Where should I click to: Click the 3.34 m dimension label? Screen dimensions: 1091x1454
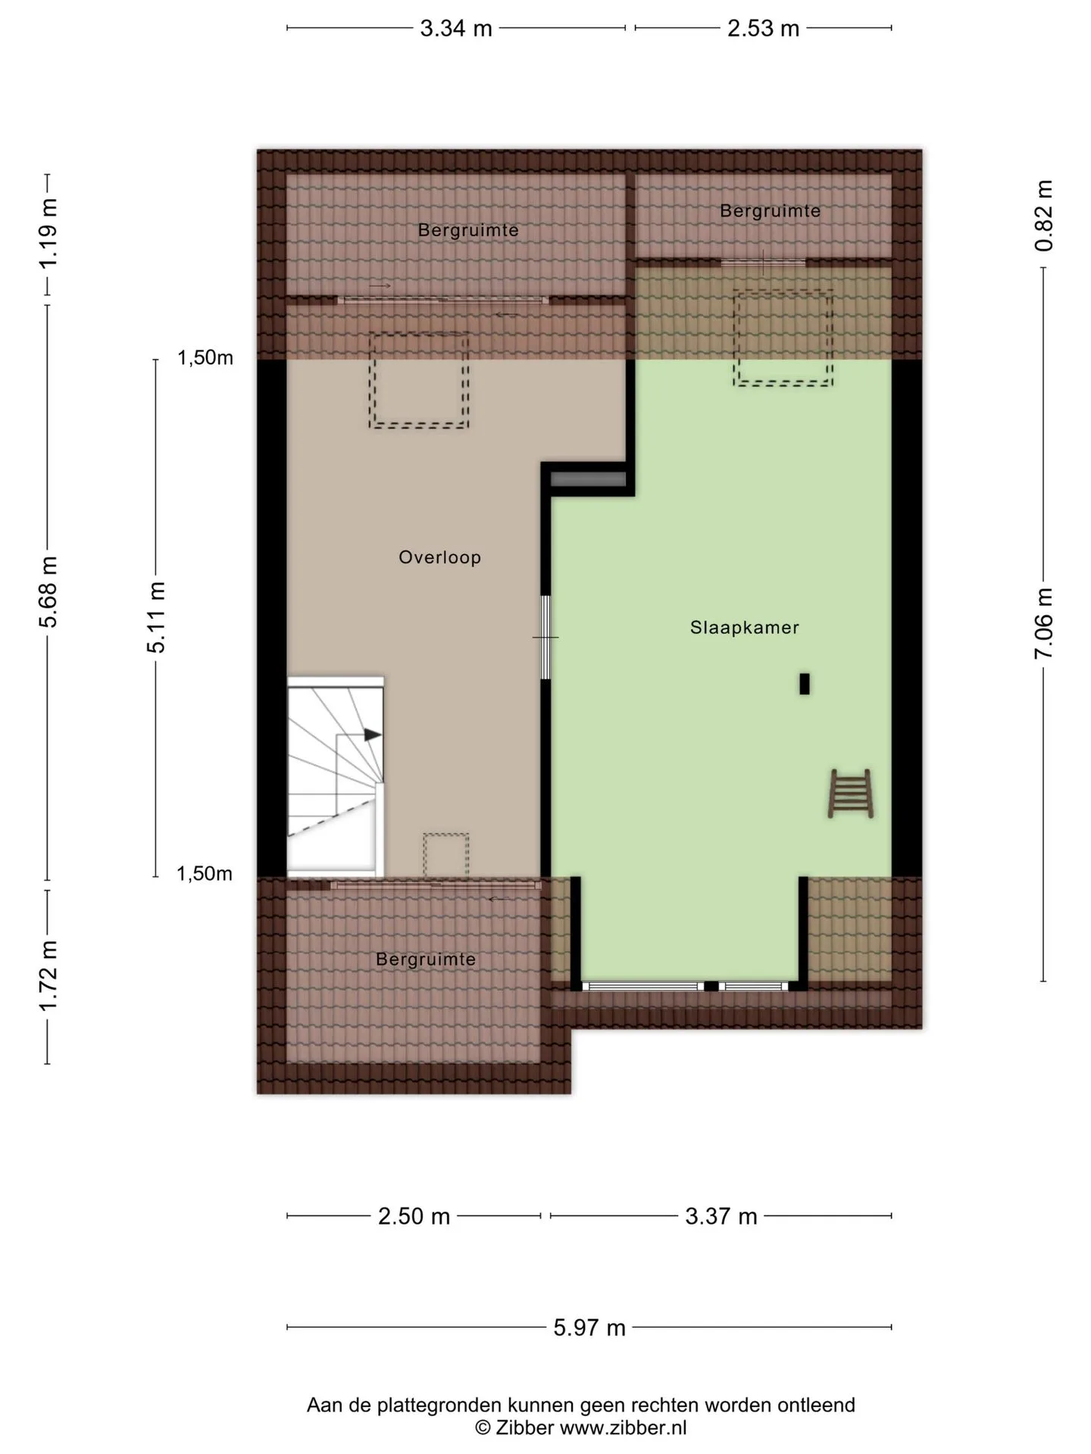pos(456,29)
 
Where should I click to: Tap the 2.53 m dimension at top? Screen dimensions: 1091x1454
pos(763,29)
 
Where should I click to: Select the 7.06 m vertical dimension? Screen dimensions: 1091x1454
pos(1044,622)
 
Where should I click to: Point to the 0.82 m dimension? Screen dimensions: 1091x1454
pos(1044,216)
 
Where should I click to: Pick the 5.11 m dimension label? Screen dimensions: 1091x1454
pos(156,617)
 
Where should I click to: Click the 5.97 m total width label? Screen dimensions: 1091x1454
pos(589,1328)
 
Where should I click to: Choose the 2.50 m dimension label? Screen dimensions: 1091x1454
pos(414,1216)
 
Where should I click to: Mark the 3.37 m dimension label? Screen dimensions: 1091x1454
pos(721,1216)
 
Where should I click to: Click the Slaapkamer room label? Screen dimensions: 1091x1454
pos(745,627)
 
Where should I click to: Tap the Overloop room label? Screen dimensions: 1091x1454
pos(440,557)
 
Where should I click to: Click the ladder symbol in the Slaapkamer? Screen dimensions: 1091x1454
pos(851,793)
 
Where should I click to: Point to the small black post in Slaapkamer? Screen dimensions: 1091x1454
pos(805,684)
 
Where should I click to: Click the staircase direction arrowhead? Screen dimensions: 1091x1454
pos(373,735)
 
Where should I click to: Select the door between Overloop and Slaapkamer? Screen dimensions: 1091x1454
pos(545,637)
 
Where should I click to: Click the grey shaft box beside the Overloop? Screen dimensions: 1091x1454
pos(588,479)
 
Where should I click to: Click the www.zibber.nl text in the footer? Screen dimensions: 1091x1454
pos(623,1428)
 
